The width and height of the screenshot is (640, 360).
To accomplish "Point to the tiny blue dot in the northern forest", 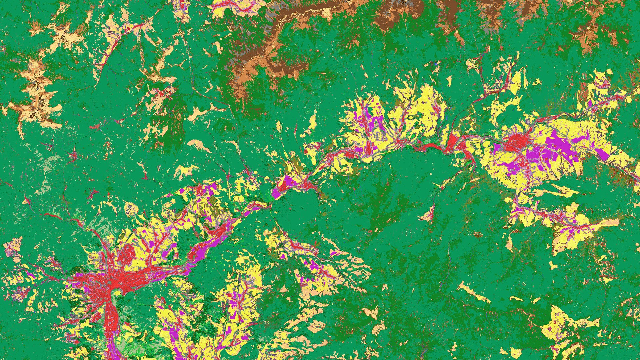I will click(x=436, y=63).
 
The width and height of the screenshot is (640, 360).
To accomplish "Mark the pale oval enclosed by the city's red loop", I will click(x=116, y=293).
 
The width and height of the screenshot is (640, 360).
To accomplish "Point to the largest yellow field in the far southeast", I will click(x=563, y=320).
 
